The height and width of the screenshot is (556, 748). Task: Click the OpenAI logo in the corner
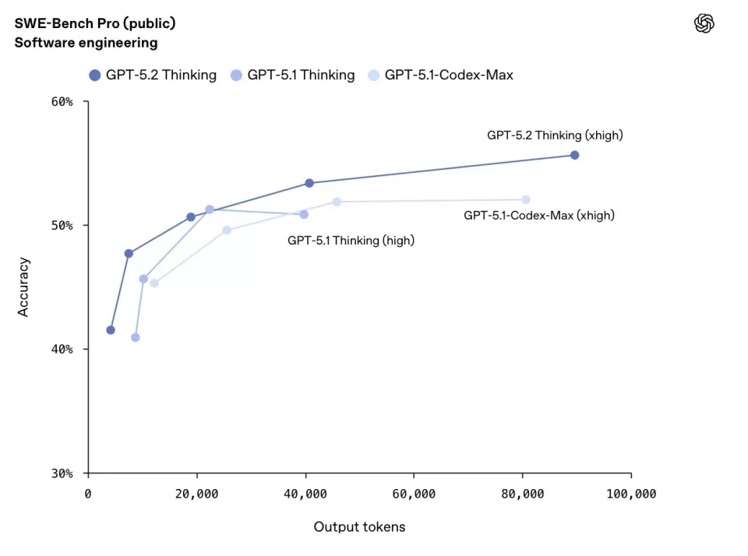[704, 24]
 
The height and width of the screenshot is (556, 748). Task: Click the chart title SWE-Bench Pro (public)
[94, 23]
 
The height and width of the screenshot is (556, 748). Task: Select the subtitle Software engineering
[86, 43]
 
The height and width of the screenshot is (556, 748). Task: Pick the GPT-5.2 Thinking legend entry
[153, 76]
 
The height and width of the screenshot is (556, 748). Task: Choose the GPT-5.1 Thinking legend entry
[293, 76]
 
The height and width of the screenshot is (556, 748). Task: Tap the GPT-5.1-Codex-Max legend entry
[441, 76]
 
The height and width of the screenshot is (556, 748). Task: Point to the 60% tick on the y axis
[63, 102]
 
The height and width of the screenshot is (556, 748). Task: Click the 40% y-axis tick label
[63, 350]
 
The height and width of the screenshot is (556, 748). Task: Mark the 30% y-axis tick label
[63, 473]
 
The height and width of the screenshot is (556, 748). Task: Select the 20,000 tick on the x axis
[196, 494]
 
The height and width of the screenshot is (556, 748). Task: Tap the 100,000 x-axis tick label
[630, 494]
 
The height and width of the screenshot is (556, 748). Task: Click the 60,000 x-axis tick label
[414, 494]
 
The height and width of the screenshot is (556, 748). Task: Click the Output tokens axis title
[359, 527]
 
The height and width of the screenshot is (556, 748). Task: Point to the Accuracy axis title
[23, 287]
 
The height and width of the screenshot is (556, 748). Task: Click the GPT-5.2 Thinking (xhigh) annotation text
[555, 135]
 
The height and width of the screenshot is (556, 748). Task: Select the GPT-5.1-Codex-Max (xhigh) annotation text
[538, 216]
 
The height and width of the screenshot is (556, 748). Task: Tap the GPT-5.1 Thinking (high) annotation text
[351, 241]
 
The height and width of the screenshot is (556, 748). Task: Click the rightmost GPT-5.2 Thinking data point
[574, 155]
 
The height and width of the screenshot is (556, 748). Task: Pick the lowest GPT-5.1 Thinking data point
[136, 337]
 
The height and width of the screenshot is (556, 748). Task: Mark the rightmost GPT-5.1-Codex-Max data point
[526, 199]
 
